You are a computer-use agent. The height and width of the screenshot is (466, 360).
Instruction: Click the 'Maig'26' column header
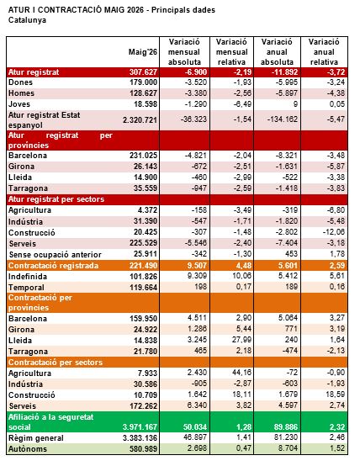coord(142,52)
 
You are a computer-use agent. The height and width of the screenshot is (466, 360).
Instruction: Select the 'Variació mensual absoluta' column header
coord(184,52)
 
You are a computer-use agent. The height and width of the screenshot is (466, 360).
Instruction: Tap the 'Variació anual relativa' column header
coord(324,52)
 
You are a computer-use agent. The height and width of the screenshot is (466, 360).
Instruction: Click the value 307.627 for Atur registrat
coord(143,72)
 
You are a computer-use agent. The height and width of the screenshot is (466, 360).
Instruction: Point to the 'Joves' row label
coord(19,104)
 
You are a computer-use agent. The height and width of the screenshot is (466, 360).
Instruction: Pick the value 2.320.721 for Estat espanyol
coord(140,120)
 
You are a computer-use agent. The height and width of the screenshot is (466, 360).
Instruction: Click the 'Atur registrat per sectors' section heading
coord(56,199)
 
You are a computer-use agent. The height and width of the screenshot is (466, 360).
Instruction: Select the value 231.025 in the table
coord(143,156)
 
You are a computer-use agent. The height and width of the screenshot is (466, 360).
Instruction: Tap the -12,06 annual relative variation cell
coord(334,232)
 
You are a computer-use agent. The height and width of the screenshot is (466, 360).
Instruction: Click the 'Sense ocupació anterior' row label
coord(56,255)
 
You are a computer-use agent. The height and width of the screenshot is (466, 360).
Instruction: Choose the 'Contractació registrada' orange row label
coord(53,266)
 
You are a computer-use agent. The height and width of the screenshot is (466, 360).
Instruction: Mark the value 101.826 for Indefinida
coord(143,277)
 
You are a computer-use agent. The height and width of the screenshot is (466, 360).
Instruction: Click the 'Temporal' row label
coord(26,288)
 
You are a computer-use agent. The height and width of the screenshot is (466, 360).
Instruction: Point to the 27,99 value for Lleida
coord(241,339)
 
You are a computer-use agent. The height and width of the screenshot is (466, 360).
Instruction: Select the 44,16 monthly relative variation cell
coord(241,373)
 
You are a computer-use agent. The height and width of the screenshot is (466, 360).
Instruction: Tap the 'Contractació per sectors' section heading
coord(56,363)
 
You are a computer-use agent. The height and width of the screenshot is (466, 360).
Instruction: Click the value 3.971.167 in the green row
coord(140,427)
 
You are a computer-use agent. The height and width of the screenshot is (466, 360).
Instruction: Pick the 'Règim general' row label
coord(36,438)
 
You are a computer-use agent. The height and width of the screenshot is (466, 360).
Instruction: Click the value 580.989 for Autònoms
coord(143,449)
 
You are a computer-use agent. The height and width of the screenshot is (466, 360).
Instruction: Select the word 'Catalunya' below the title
coord(27,20)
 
